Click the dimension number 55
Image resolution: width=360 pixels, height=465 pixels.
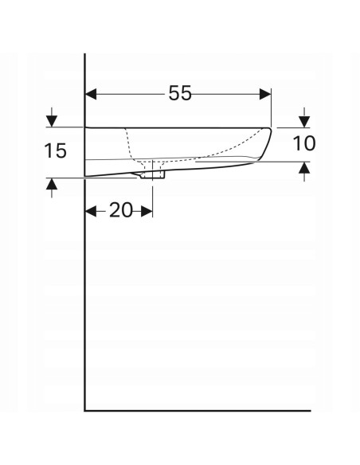point(179,93)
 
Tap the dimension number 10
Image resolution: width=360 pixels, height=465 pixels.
point(303,143)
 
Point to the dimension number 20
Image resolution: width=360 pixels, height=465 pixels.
point(119,210)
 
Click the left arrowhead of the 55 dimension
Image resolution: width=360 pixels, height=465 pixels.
point(91,94)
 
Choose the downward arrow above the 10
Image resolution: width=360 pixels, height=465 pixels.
point(303,121)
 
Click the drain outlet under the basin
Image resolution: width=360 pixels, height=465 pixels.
point(152,174)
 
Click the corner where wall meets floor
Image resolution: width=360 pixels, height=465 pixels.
point(85,411)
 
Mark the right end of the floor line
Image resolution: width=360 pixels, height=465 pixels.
point(309,411)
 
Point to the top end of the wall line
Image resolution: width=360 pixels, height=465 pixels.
point(85,54)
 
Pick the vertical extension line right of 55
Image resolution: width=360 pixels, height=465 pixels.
point(272,107)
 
